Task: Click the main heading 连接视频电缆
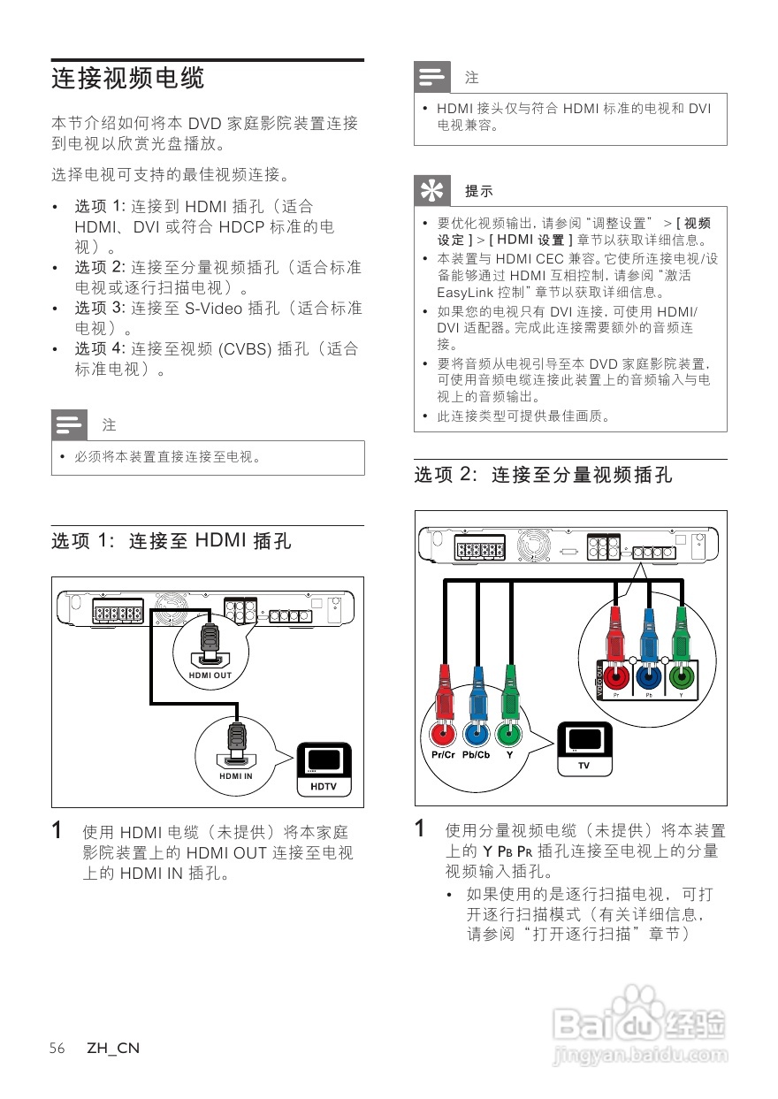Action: click(x=128, y=79)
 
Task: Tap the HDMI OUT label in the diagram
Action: click(x=210, y=675)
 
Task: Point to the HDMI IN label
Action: click(x=236, y=776)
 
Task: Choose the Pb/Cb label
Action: click(x=477, y=755)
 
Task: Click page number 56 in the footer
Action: click(x=57, y=1049)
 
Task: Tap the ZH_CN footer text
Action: click(x=112, y=1049)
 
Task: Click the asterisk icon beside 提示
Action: click(x=431, y=191)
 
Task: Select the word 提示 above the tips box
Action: click(x=479, y=191)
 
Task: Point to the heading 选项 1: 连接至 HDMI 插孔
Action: click(x=172, y=540)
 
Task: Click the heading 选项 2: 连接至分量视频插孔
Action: click(x=543, y=475)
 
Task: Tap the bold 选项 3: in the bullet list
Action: click(x=101, y=309)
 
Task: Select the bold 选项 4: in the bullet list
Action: click(x=101, y=349)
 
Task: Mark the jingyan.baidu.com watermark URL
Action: click(x=637, y=1056)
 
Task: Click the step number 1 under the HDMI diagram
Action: click(x=57, y=831)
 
